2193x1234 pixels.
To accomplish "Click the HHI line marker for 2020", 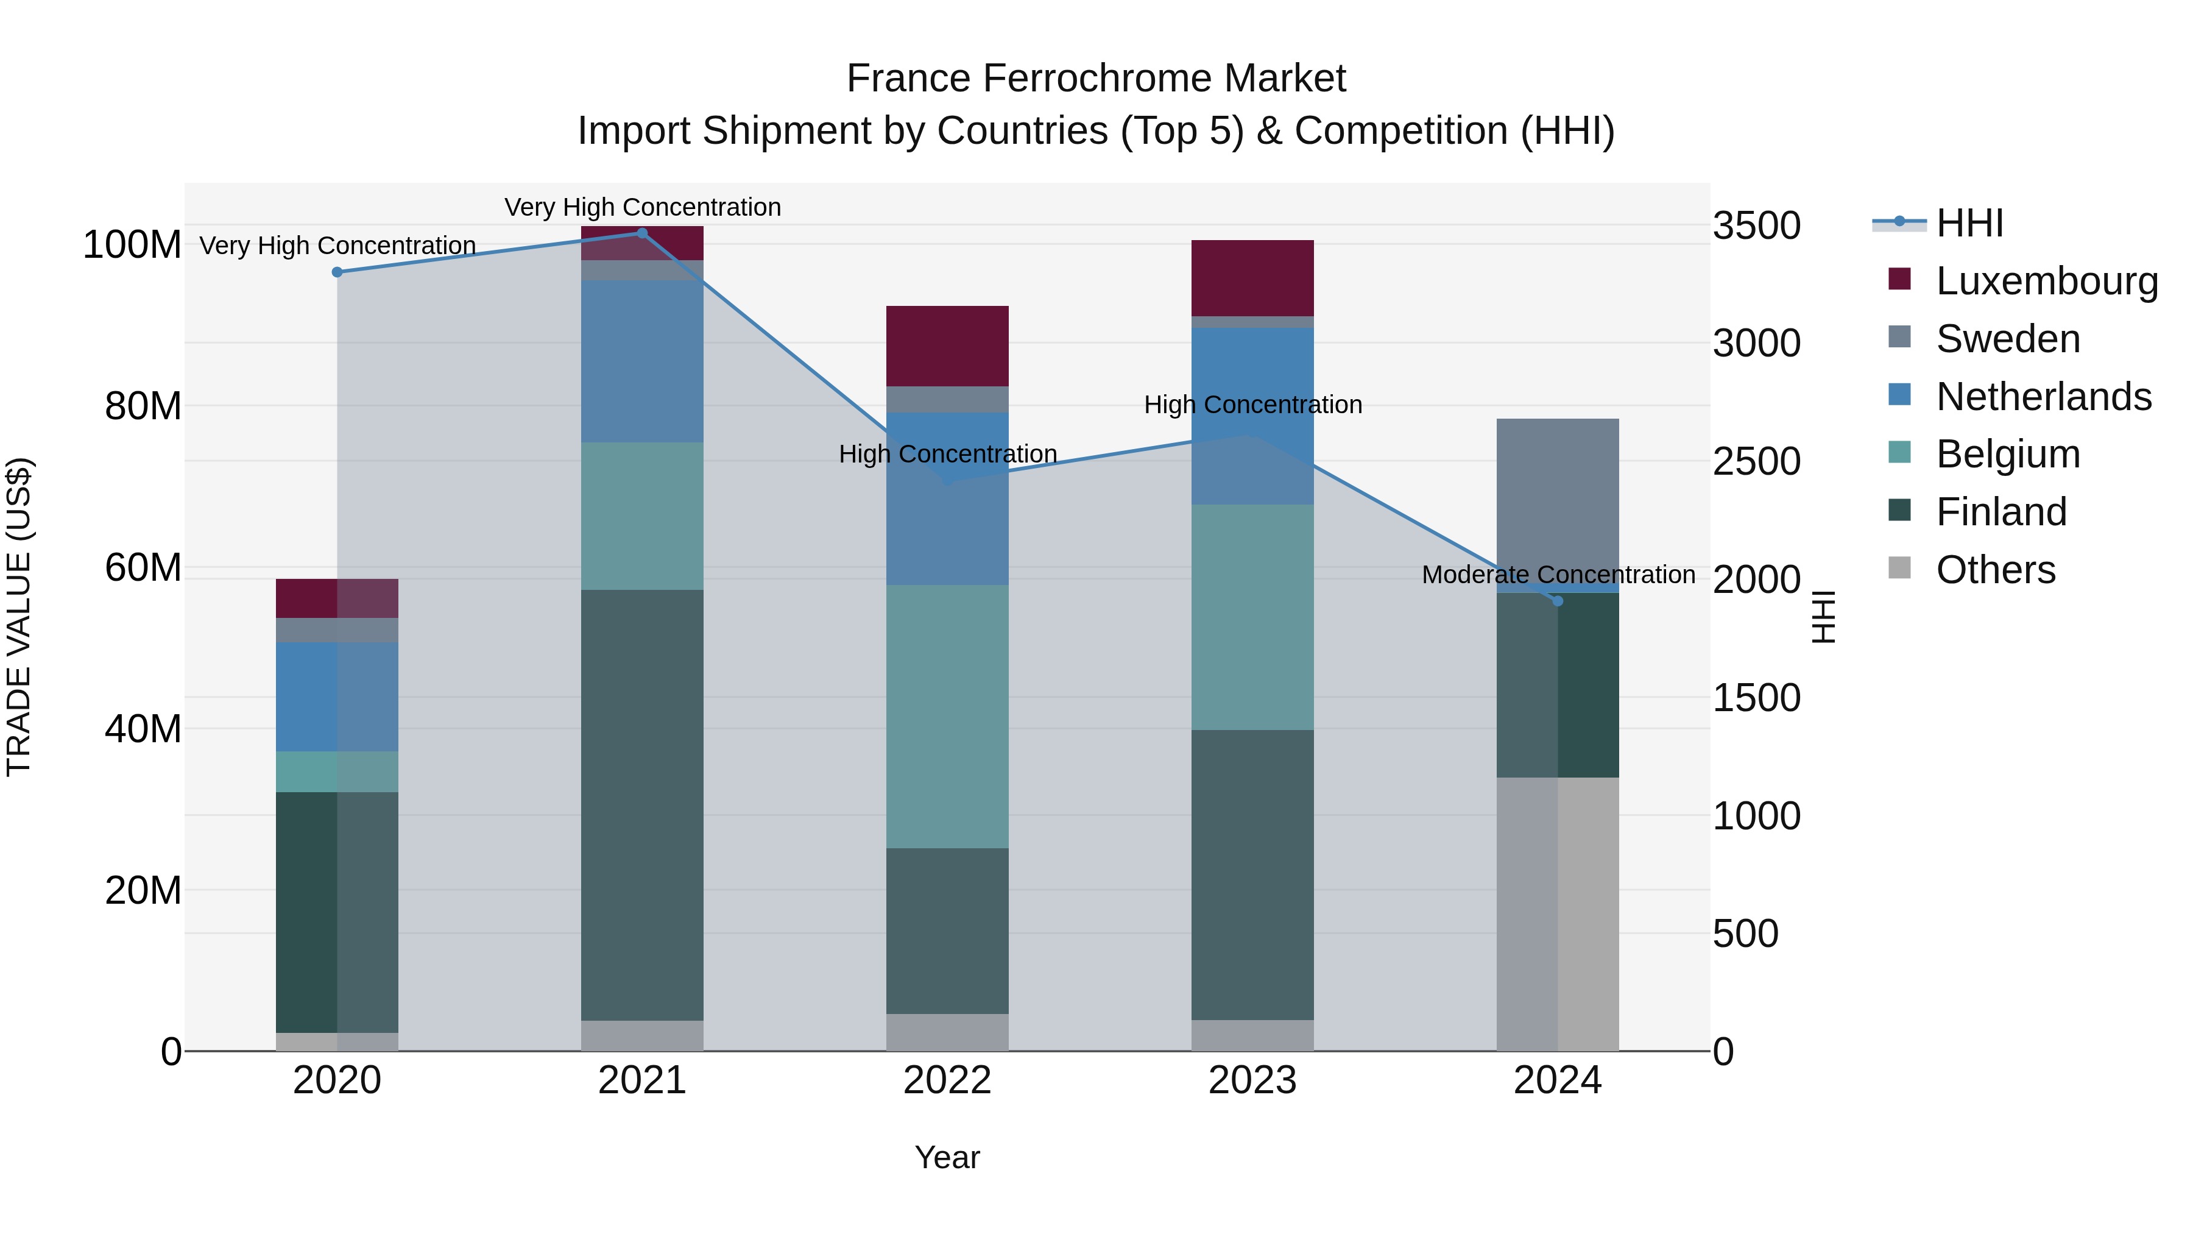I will [337, 272].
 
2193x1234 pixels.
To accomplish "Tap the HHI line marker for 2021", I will [643, 233].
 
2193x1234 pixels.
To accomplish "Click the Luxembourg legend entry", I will [2047, 281].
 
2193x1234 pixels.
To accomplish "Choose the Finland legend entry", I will [2001, 512].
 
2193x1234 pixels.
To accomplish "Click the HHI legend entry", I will [1969, 223].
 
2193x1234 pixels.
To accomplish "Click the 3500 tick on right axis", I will [1756, 225].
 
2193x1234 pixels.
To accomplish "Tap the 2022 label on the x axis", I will [947, 1080].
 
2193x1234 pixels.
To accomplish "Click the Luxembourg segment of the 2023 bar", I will [1252, 278].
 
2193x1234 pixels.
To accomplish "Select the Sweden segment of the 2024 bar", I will [1558, 501].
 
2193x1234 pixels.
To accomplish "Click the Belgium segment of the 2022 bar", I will [947, 715].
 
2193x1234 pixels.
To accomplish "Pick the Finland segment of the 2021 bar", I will [643, 805].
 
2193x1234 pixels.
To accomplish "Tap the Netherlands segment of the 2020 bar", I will [337, 697].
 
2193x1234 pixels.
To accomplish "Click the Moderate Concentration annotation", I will [1558, 575].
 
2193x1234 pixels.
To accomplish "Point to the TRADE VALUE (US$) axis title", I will [19, 617].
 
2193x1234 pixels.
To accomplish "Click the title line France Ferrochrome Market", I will [1096, 79].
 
